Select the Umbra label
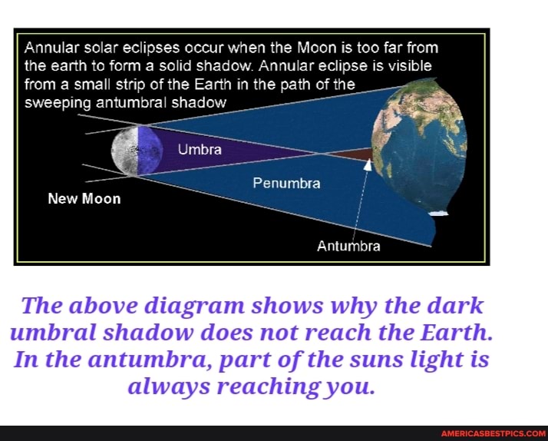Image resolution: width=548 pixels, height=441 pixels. (x=200, y=149)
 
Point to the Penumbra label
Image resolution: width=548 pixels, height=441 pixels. (x=286, y=184)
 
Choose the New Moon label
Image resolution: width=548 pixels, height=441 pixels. (x=84, y=199)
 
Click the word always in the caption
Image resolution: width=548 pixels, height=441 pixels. (x=172, y=386)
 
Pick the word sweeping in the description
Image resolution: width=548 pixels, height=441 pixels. (x=56, y=101)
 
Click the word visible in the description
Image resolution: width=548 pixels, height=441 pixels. (x=408, y=65)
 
